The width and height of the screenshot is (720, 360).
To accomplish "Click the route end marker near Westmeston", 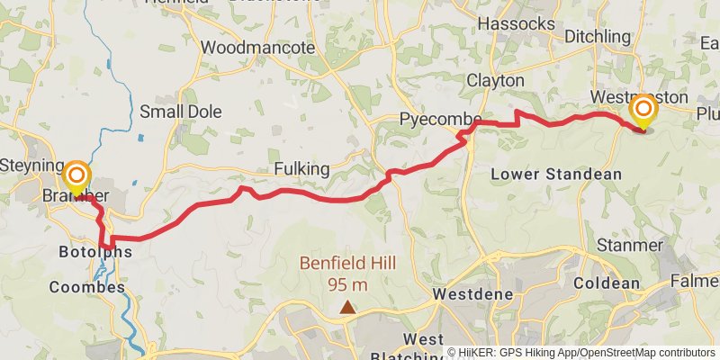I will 644,110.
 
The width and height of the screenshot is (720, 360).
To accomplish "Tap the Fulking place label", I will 301,169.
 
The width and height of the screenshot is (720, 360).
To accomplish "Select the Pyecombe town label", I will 441,121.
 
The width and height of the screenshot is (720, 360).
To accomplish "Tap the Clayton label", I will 495,80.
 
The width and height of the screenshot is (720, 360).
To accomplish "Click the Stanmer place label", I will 630,245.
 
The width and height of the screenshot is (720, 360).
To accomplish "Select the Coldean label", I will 605,283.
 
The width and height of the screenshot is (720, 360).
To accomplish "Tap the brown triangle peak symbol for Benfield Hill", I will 347,308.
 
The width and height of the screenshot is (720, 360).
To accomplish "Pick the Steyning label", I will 31,166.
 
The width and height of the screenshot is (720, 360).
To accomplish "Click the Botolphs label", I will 94,252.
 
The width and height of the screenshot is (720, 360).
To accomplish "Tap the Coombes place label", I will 86,288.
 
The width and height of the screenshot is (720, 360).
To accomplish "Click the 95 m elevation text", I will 347,285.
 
